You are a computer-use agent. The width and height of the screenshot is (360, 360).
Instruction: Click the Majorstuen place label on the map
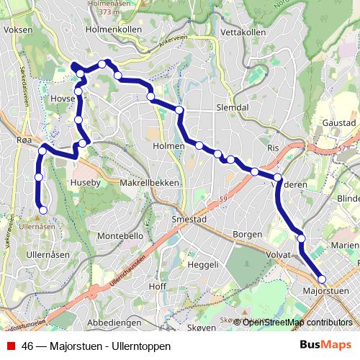tap(328, 291)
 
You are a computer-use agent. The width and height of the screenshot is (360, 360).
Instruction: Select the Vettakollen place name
tap(246, 33)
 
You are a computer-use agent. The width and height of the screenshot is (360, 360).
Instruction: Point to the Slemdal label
tap(232, 107)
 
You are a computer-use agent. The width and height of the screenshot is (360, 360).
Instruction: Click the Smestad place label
tap(190, 219)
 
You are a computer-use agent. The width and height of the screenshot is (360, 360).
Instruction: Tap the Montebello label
tap(120, 235)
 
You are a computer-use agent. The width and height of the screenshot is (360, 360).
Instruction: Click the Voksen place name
tap(18, 30)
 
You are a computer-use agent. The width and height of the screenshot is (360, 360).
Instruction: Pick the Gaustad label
tap(340, 123)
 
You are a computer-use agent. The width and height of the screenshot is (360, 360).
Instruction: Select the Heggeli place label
tap(202, 265)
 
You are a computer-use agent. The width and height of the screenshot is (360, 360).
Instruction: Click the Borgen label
tap(247, 235)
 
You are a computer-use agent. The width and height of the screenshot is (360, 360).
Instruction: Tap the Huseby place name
tap(84, 183)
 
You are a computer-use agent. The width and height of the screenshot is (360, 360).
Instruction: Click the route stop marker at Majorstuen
tap(322, 279)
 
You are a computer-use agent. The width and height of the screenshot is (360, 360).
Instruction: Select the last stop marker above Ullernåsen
tap(42, 210)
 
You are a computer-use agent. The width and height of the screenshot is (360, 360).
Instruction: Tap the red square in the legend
tap(10, 346)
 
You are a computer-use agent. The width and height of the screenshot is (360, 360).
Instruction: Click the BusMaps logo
tap(325, 346)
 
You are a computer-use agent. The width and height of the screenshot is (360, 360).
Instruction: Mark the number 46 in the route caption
tap(28, 346)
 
